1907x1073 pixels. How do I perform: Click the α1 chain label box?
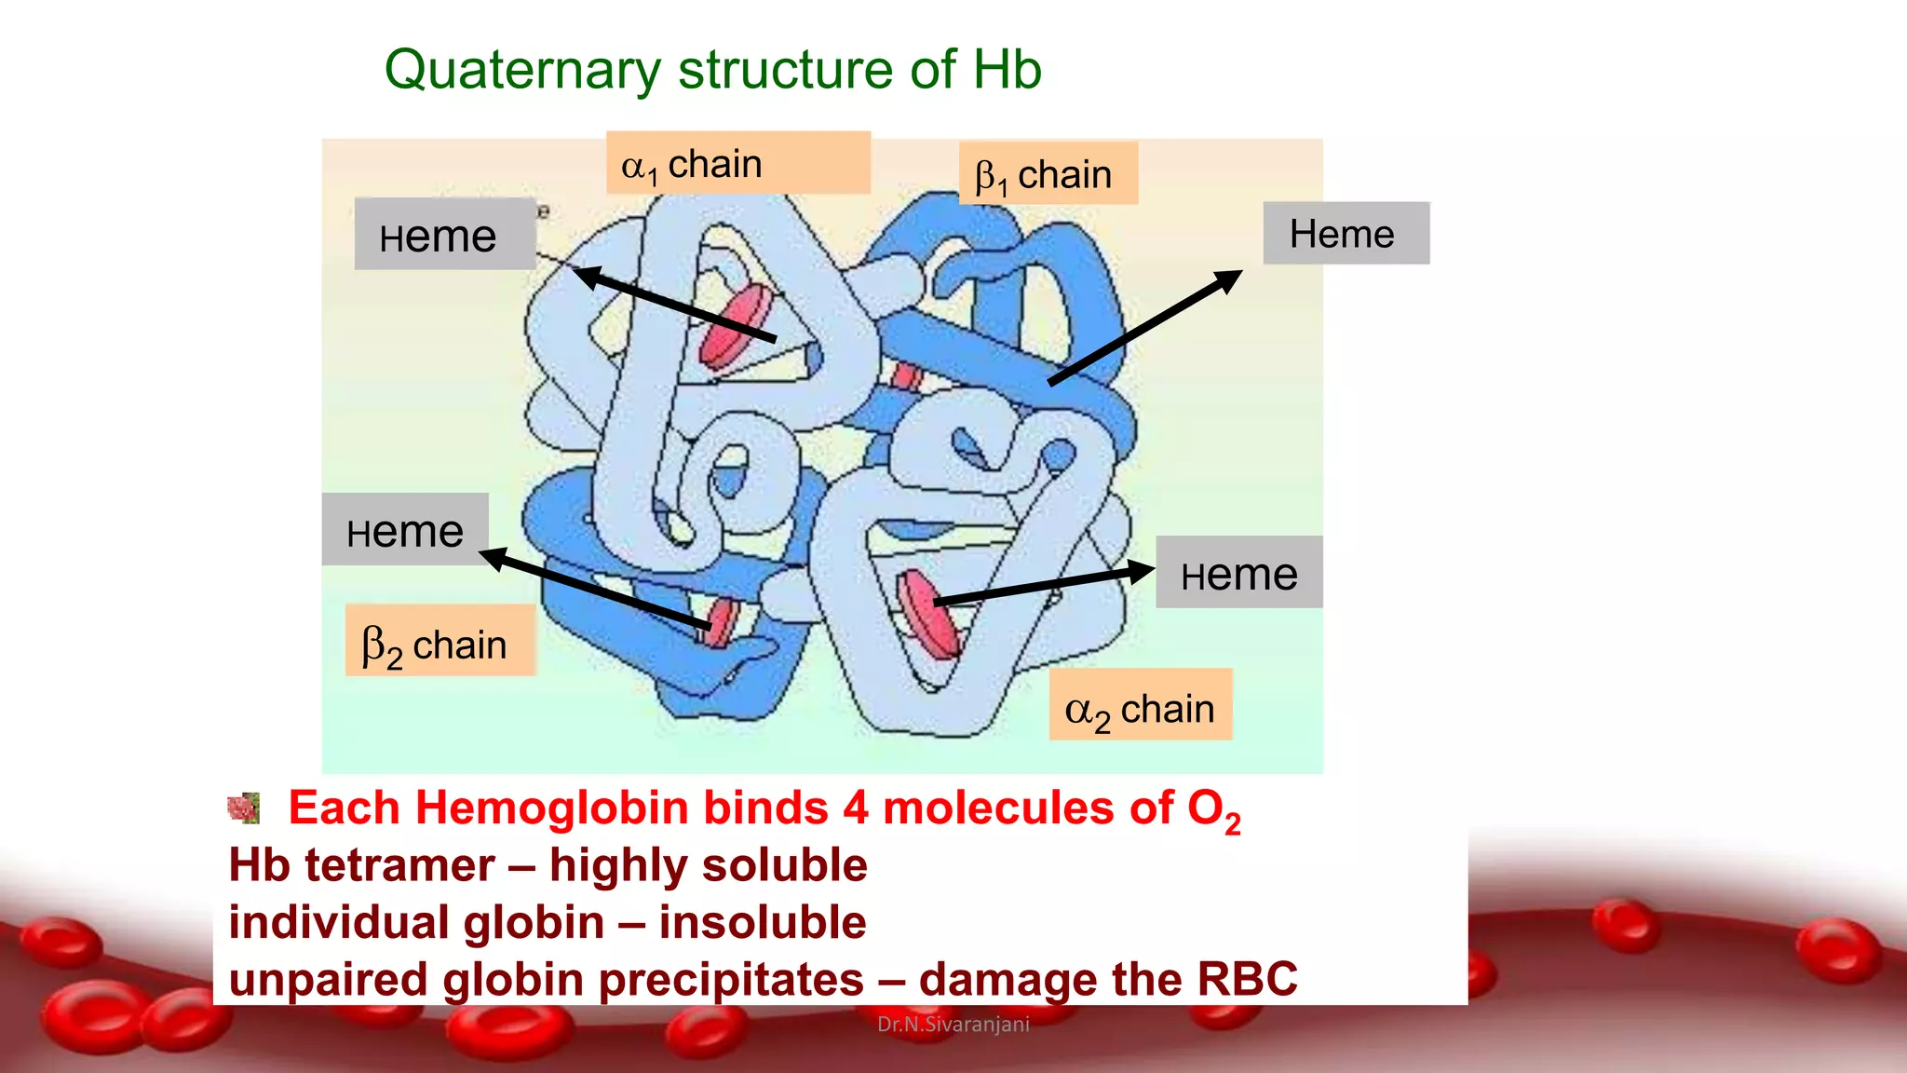click(737, 163)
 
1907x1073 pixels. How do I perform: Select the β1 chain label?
click(1048, 174)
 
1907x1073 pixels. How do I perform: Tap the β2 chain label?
click(440, 642)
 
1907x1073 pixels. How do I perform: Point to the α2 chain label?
click(1141, 705)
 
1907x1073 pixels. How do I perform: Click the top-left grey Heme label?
click(444, 235)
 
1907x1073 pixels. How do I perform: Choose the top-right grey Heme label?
click(1346, 234)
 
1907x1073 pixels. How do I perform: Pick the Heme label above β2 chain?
click(405, 530)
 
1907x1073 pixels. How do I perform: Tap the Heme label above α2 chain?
click(1239, 573)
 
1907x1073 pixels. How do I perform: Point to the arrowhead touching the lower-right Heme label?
click(1141, 571)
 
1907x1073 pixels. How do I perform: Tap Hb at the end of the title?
click(1008, 70)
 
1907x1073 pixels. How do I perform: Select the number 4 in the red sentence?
click(856, 808)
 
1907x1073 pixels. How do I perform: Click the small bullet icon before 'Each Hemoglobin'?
click(244, 808)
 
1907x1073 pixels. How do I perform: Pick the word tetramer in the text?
click(400, 865)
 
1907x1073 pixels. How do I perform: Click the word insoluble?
click(763, 922)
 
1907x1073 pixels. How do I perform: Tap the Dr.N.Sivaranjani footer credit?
click(953, 1025)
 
